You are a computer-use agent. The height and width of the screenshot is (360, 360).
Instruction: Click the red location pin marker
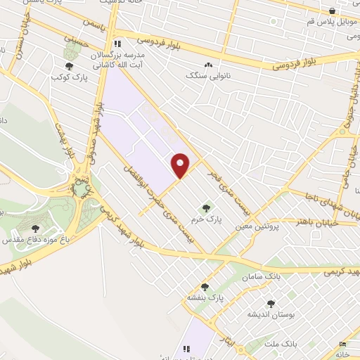(181, 165)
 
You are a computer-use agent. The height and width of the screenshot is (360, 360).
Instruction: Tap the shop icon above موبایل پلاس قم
(332, 11)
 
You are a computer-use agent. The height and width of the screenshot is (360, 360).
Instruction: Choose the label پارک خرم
(207, 219)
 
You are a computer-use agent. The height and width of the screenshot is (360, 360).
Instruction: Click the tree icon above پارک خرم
(206, 208)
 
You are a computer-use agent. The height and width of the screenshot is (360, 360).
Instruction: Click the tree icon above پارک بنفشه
(205, 287)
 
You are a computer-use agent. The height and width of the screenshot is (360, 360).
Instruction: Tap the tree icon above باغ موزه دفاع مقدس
(36, 228)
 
